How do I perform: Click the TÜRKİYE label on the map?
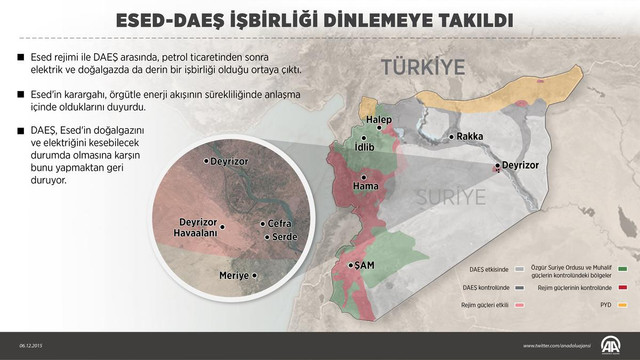[423, 68]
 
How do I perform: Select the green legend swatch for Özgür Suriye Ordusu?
[623, 268]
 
